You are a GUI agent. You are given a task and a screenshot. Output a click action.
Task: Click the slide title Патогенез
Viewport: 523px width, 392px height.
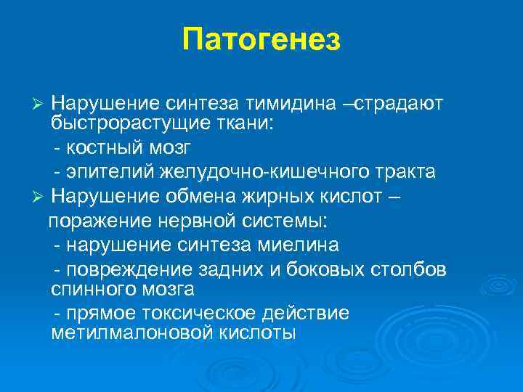click(261, 40)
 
